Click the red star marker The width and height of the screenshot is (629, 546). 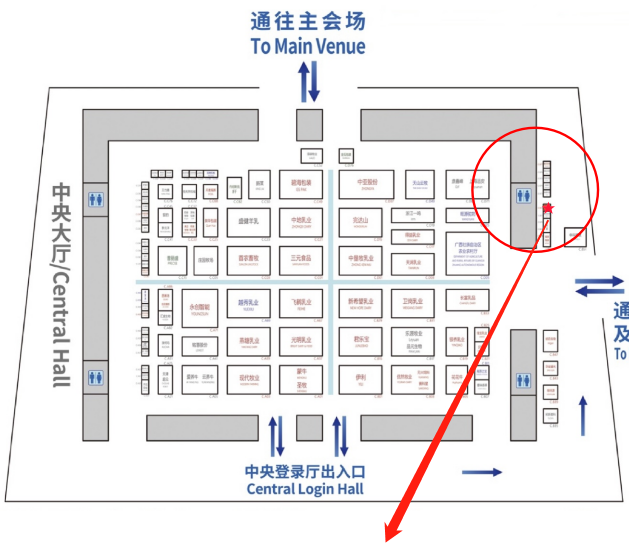pyautogui.click(x=547, y=208)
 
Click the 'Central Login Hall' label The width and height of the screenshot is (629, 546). pyautogui.click(x=305, y=489)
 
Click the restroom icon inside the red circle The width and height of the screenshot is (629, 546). pyautogui.click(x=522, y=196)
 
